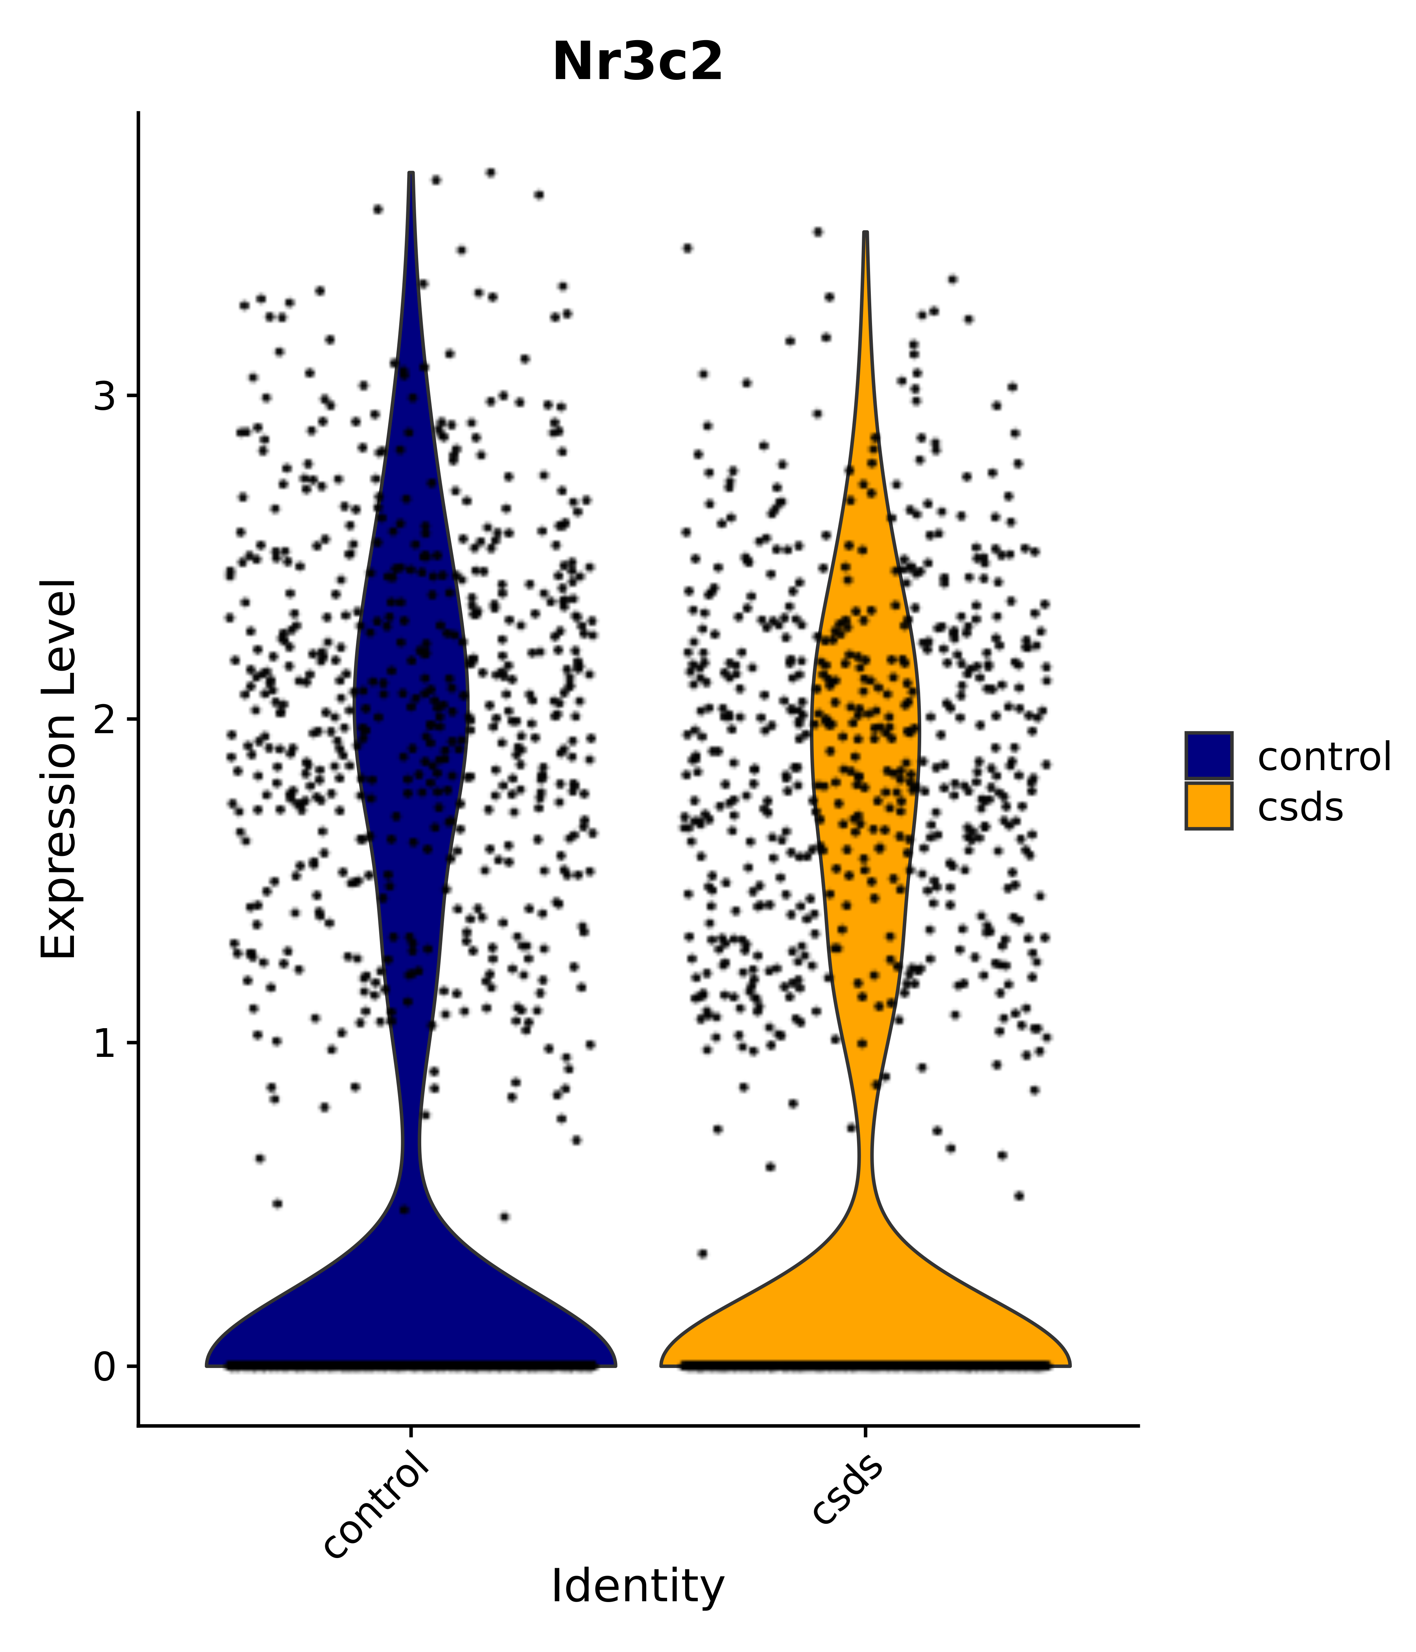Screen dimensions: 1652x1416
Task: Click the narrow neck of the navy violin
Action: click(x=411, y=1148)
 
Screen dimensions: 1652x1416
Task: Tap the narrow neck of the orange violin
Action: click(x=865, y=1152)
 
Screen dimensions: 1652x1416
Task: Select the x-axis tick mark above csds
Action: click(x=865, y=1433)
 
